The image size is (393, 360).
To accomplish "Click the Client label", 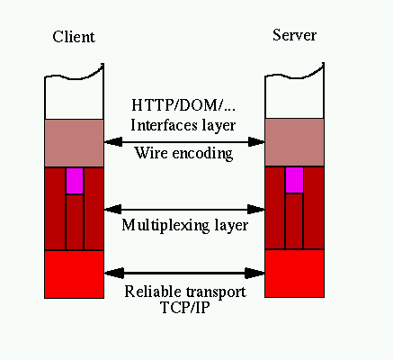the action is [x=74, y=37].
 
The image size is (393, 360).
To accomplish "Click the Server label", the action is [x=294, y=35].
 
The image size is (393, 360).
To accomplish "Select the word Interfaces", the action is [x=164, y=125].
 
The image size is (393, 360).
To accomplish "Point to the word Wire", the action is [x=151, y=152].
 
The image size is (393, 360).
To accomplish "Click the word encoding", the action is [x=202, y=154].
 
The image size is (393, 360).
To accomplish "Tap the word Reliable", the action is [x=153, y=292].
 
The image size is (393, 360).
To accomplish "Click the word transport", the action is [x=216, y=292].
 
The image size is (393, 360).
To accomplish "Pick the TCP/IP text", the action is [x=184, y=307].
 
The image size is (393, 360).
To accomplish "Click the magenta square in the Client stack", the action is [x=75, y=181].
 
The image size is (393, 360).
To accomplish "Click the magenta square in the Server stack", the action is [x=294, y=180].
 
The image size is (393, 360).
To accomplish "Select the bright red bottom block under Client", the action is [x=74, y=274].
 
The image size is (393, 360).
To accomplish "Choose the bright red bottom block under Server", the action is [x=294, y=274].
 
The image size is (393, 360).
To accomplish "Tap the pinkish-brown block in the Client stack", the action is [x=74, y=143].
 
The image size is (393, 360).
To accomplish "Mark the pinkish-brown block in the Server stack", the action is [x=294, y=142].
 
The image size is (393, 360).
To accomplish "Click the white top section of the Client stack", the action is [x=74, y=97].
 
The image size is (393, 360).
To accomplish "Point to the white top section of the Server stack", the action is [x=294, y=96].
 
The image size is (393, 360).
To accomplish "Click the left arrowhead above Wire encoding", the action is [x=113, y=142].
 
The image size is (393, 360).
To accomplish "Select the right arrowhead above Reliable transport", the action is [x=255, y=273].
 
